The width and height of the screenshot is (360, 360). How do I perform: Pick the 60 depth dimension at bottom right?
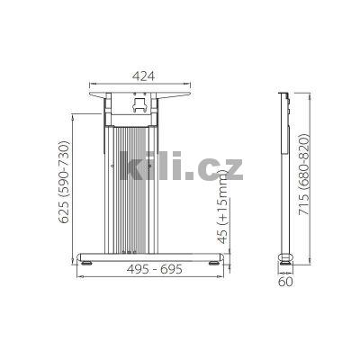(287, 282)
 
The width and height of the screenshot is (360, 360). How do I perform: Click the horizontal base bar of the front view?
(153, 255)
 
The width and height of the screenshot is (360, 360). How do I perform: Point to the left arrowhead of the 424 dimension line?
(88, 85)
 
